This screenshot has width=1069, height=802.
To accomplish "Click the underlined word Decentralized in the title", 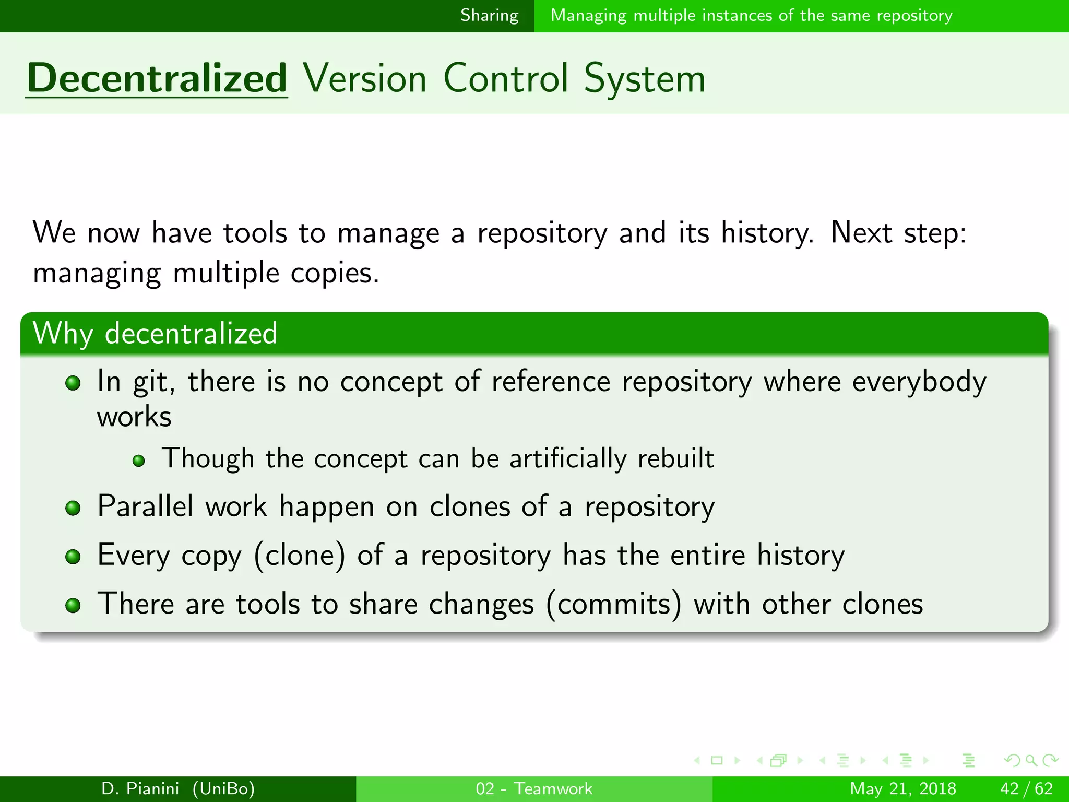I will pyautogui.click(x=157, y=78).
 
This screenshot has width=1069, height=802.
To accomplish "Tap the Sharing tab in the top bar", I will pyautogui.click(x=489, y=16).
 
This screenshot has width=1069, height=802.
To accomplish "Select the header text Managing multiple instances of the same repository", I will pyautogui.click(x=751, y=16).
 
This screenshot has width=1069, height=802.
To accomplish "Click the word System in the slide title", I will pyautogui.click(x=644, y=78).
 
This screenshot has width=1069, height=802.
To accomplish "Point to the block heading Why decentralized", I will pyautogui.click(x=155, y=333).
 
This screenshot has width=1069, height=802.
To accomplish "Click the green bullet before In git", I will pyautogui.click(x=73, y=384).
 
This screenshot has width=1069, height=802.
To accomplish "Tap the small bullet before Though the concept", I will pyautogui.click(x=138, y=461).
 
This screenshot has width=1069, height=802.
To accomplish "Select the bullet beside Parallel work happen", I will pyautogui.click(x=73, y=508).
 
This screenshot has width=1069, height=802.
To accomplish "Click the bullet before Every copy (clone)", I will pyautogui.click(x=73, y=557).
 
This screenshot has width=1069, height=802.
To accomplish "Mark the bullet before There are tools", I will pyautogui.click(x=73, y=605).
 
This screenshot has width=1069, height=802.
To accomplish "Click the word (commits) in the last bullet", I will pyautogui.click(x=614, y=604).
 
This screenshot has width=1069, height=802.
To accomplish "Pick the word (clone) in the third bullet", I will pyautogui.click(x=300, y=556).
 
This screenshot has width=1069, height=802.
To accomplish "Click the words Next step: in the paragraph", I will pyautogui.click(x=898, y=232).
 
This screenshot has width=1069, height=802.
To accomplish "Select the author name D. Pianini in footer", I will pyautogui.click(x=140, y=788).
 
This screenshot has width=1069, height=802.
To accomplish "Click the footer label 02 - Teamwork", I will pyautogui.click(x=534, y=788).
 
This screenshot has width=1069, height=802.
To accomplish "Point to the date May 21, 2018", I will pyautogui.click(x=902, y=788).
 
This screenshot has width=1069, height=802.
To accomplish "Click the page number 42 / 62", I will pyautogui.click(x=1026, y=788).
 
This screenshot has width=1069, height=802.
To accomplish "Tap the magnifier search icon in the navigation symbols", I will pyautogui.click(x=1031, y=761).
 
